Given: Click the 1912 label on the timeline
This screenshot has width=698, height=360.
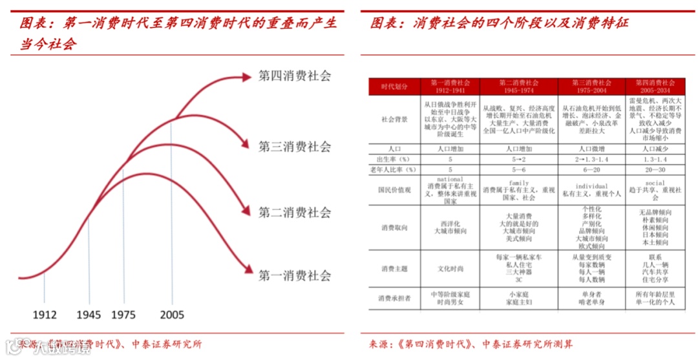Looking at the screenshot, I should click(45, 315).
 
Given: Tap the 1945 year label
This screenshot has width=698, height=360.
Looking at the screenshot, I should click(89, 315).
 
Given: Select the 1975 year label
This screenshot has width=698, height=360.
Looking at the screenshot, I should click(123, 315).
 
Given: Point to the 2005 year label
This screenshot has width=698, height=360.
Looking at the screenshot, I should click(172, 315).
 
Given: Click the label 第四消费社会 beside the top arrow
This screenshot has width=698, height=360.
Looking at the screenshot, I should click(295, 76).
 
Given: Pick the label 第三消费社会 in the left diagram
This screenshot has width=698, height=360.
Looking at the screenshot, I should click(295, 146).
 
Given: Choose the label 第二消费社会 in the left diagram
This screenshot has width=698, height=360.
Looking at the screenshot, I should click(295, 212).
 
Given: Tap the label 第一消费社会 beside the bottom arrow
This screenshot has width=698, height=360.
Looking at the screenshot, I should click(295, 275).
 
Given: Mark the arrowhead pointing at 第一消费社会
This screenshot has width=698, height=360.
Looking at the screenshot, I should click(247, 271).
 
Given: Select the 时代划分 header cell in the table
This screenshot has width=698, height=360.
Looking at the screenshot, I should click(394, 87).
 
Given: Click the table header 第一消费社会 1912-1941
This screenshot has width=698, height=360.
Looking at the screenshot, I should click(450, 87).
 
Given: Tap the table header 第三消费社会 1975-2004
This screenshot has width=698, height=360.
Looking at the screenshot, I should click(591, 87).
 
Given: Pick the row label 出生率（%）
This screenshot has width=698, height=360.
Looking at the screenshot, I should click(394, 158).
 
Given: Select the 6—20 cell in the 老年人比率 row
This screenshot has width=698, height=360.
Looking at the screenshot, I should click(591, 169).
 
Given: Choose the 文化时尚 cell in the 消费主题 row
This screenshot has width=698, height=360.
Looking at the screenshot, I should click(450, 268).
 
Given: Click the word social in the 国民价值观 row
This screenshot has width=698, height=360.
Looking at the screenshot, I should click(655, 183).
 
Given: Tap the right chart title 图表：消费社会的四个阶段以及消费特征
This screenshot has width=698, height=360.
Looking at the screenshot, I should click(499, 23).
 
